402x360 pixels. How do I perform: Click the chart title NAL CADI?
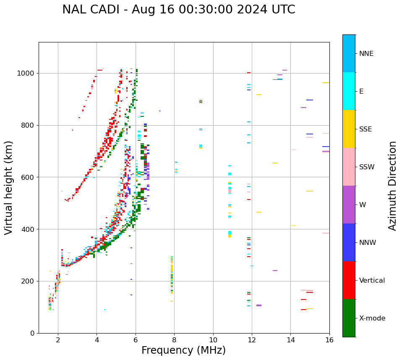pyautogui.click(x=178, y=10)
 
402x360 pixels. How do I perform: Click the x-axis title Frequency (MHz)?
pyautogui.click(x=183, y=350)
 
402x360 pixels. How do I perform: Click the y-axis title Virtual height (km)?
pyautogui.click(x=9, y=188)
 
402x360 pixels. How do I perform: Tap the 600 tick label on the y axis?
pyautogui.click(x=28, y=177)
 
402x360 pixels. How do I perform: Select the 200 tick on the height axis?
pyautogui.click(x=28, y=281)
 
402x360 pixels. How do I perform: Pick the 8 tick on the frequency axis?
pyautogui.click(x=174, y=340)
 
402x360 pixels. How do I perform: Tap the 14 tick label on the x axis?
pyautogui.click(x=291, y=340)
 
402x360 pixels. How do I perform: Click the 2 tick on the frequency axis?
pyautogui.click(x=58, y=340)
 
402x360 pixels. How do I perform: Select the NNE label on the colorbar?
pyautogui.click(x=366, y=54)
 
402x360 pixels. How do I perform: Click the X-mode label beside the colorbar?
pyautogui.click(x=372, y=318)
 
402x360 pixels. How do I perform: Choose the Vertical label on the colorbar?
pyautogui.click(x=372, y=281)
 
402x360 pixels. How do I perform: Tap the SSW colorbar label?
pyautogui.click(x=367, y=167)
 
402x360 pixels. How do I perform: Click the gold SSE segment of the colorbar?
pyautogui.click(x=349, y=129)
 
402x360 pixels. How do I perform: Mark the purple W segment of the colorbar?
pyautogui.click(x=349, y=205)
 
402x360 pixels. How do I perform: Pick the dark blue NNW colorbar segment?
pyautogui.click(x=349, y=242)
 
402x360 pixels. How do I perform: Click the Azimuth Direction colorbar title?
pyautogui.click(x=392, y=186)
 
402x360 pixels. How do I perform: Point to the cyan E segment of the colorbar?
pyautogui.click(x=349, y=91)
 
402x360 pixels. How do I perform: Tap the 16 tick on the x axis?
pyautogui.click(x=329, y=340)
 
